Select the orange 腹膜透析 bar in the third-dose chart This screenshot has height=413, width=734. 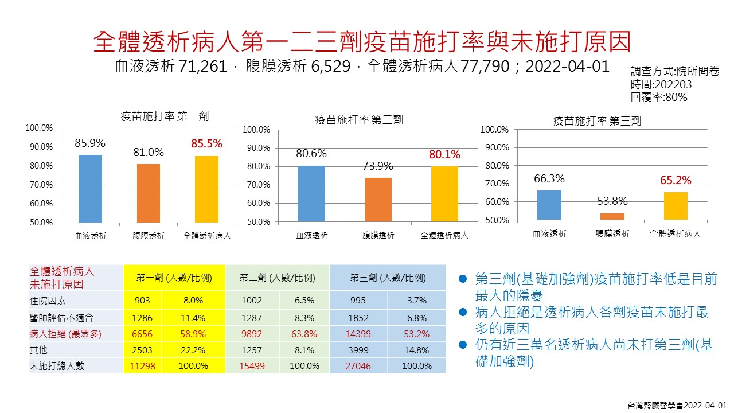(x=612, y=217)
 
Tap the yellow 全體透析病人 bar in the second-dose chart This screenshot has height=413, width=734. (x=444, y=194)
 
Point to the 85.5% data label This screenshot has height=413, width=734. (x=206, y=144)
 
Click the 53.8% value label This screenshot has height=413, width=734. (x=612, y=201)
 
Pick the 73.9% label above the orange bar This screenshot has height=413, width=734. (x=378, y=166)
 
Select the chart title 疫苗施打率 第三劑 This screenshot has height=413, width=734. (x=597, y=121)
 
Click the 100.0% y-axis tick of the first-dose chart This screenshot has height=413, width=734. (x=39, y=128)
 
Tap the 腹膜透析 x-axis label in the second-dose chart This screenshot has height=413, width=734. (x=378, y=235)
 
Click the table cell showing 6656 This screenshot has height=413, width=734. (x=143, y=334)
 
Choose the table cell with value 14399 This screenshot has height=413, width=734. (x=359, y=334)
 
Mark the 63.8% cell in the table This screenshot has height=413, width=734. (x=304, y=334)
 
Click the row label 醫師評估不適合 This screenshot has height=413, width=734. (x=61, y=318)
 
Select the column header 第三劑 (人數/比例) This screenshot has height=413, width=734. (x=388, y=278)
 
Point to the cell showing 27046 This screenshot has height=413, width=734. (x=359, y=365)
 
